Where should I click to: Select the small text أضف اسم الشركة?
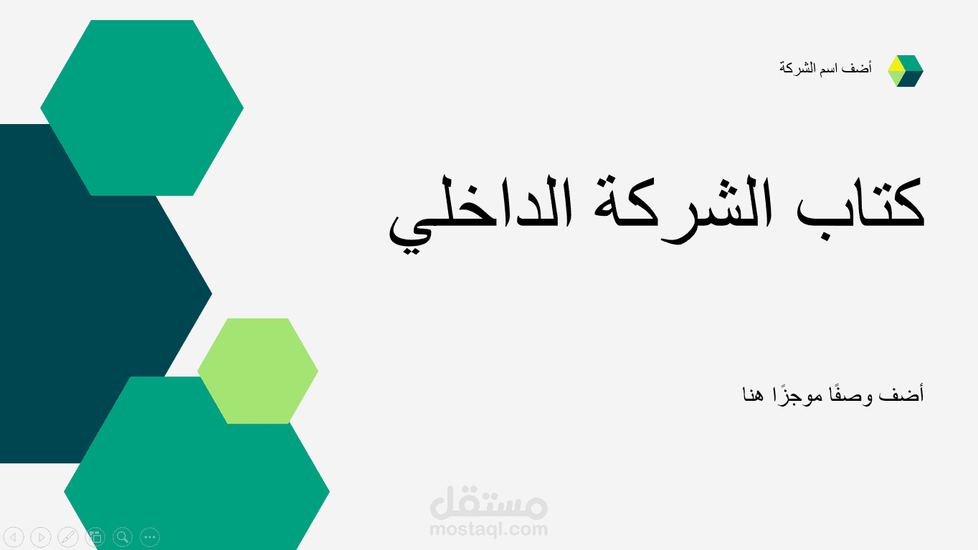[825, 69]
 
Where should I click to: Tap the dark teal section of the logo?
[913, 78]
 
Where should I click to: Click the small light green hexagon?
[257, 371]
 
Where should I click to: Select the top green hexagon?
[142, 108]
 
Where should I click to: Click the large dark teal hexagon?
[86, 287]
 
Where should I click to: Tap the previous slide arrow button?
[14, 536]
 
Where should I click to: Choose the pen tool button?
[67, 536]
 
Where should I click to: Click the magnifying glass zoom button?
[123, 536]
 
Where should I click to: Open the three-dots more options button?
[150, 536]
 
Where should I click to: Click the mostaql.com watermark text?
[488, 530]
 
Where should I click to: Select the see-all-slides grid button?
[95, 536]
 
